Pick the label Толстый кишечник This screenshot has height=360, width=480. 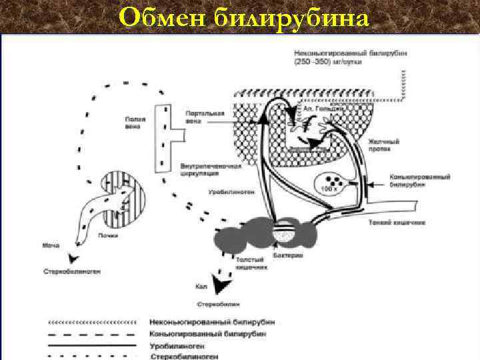pyautogui.click(x=251, y=262)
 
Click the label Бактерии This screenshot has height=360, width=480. pyautogui.click(x=291, y=255)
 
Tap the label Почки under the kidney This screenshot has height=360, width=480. pyautogui.click(x=108, y=235)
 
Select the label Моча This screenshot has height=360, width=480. pyautogui.click(x=51, y=246)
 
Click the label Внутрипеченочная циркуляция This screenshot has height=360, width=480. pyautogui.click(x=200, y=169)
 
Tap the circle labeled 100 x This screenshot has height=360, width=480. pyautogui.click(x=331, y=181)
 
